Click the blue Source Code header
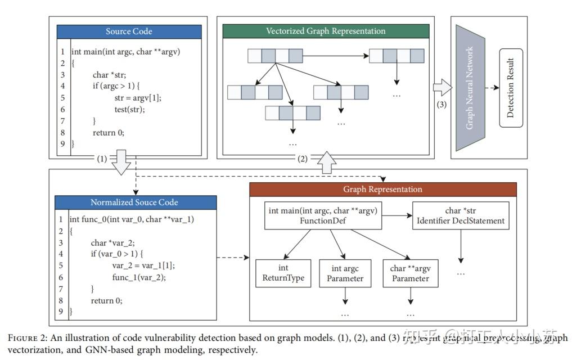pos(129,31)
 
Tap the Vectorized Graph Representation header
pos(326,31)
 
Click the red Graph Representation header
pos(382,189)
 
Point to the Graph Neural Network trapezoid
pos(470,88)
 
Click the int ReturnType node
pos(283,273)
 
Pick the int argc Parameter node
pos(345,273)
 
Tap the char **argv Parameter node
pos(410,273)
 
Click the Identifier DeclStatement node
pos(461,215)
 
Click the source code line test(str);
pos(129,109)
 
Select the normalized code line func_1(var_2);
pos(139,277)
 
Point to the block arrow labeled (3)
pos(443,88)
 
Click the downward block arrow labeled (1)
pos(120,163)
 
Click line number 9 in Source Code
pos(63,145)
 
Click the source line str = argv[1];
pos(138,97)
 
